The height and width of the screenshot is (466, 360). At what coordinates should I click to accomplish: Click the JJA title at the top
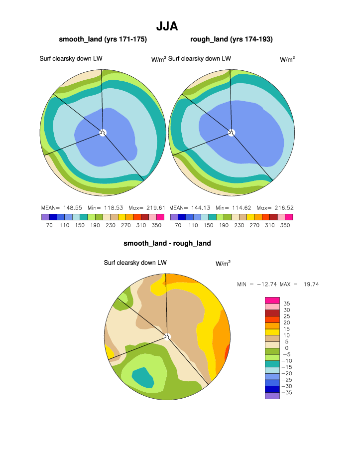coord(167,26)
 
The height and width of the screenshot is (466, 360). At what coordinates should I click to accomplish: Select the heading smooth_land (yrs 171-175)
coord(103,39)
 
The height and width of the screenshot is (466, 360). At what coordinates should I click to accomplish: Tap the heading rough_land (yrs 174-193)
coord(231,39)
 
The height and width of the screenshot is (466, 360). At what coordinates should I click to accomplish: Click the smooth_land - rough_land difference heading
coord(167,243)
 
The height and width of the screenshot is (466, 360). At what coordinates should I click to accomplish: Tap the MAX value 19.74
coord(309,284)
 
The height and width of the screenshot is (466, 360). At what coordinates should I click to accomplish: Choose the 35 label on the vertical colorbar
coord(286,304)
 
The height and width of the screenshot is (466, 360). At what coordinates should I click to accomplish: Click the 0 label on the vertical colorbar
coord(286,348)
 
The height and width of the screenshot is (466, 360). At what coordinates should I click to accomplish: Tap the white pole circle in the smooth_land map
coord(103,132)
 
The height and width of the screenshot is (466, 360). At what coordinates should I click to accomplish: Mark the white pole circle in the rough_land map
coord(231,132)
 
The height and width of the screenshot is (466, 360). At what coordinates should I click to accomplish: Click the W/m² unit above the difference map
coord(223,263)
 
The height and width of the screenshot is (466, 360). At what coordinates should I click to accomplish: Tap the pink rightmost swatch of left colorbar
coord(160,217)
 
